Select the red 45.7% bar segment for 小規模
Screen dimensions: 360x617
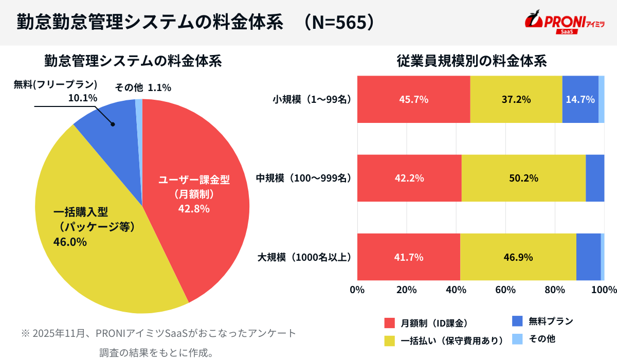(x=413, y=99)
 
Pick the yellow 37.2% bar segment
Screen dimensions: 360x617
(x=516, y=99)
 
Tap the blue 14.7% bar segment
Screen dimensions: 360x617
(x=580, y=99)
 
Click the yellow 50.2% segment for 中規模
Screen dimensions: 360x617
(x=523, y=178)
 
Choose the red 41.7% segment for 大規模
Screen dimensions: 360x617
(x=408, y=257)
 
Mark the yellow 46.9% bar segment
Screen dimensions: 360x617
(x=518, y=257)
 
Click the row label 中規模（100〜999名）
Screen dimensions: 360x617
(x=304, y=178)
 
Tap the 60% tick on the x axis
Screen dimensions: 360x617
(x=505, y=290)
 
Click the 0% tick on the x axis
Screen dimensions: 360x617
(x=357, y=290)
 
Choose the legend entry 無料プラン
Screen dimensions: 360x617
(x=543, y=321)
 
